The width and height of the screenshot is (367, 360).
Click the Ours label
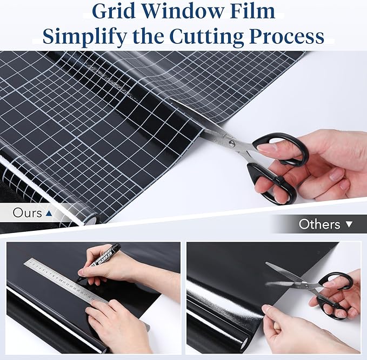coord(27,213)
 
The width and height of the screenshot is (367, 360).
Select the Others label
coord(319,224)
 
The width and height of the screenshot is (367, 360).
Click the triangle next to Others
coord(349,224)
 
